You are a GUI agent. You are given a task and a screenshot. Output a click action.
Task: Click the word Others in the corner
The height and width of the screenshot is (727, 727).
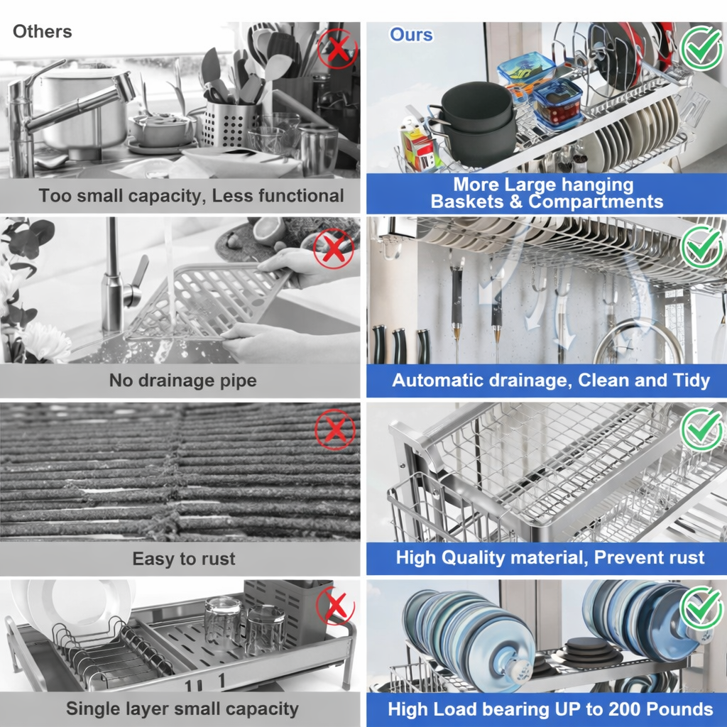tap(42, 31)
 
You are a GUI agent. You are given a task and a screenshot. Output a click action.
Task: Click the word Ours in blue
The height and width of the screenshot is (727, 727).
tap(411, 35)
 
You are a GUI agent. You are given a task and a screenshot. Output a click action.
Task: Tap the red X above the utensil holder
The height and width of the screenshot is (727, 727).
tap(337, 48)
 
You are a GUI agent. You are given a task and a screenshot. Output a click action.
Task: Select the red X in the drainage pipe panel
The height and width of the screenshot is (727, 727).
tap(334, 248)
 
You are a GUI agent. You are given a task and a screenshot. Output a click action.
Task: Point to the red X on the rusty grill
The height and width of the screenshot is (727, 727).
tap(335, 430)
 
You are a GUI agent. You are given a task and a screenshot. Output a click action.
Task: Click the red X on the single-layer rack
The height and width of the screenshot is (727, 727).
tap(335, 606)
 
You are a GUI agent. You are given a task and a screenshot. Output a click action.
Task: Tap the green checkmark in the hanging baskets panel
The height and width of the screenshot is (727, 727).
tap(701, 48)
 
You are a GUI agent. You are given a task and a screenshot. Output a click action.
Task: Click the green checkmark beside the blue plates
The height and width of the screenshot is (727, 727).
tap(701, 608)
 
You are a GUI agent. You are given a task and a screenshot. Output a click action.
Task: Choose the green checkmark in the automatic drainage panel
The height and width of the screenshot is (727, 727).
tap(701, 246)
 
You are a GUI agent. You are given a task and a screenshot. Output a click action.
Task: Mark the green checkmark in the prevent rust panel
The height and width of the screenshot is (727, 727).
tap(701, 429)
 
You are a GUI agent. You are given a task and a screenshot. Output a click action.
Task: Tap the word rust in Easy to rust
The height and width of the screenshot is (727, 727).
tap(217, 559)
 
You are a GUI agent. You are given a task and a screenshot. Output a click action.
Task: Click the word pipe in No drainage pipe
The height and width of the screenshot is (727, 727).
tap(239, 381)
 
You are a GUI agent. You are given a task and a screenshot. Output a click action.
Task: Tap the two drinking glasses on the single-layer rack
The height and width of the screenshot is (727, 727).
tap(245, 625)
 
